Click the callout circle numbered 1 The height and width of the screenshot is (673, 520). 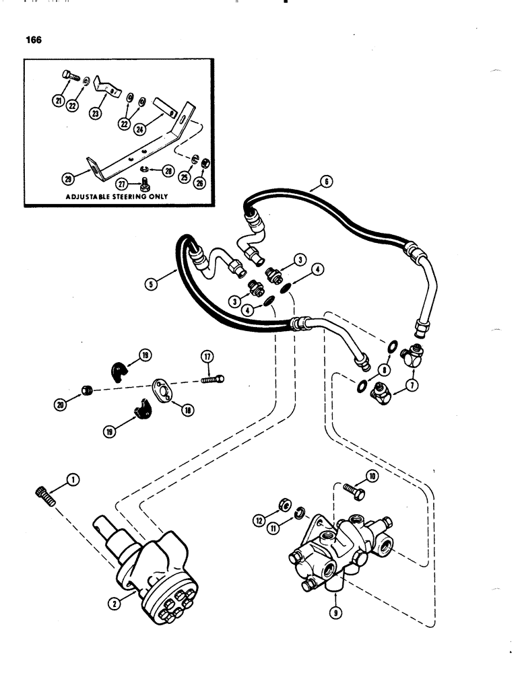(x=72, y=480)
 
